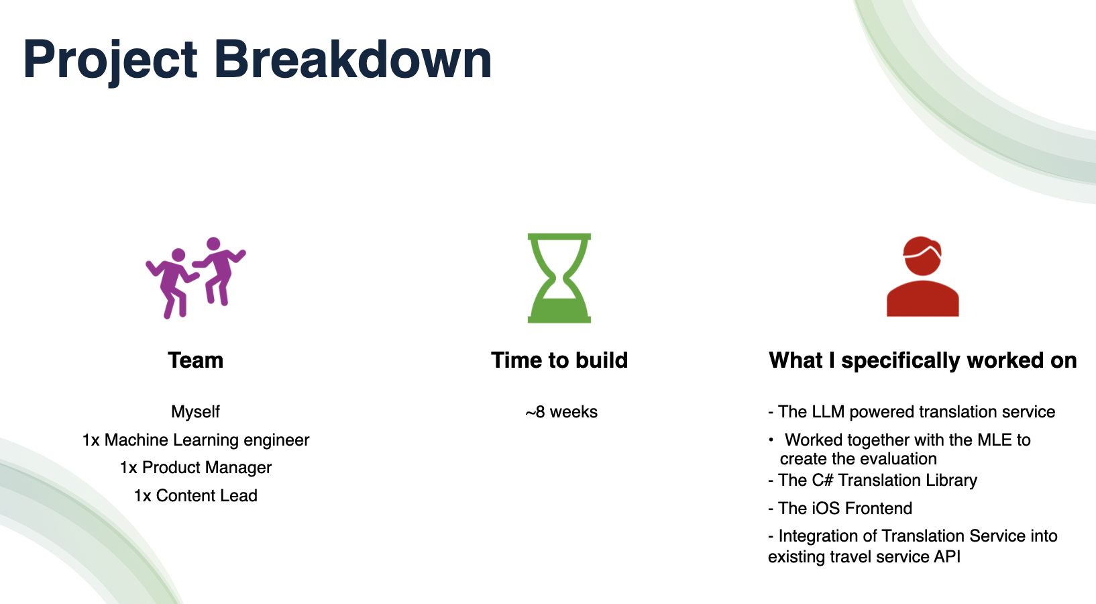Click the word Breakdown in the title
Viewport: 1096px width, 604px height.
[353, 59]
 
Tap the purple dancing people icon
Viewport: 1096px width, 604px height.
[196, 278]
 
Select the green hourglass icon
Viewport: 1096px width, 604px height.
[559, 278]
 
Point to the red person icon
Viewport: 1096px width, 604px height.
[923, 276]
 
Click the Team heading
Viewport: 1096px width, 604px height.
[196, 360]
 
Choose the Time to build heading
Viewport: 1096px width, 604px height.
[559, 360]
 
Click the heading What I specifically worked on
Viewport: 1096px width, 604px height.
[923, 361]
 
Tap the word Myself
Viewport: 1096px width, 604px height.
[195, 412]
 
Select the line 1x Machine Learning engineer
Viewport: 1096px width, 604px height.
[196, 440]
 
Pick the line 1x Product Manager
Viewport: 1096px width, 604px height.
[196, 468]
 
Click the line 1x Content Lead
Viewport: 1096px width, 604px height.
[196, 495]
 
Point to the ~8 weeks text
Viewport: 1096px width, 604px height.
[561, 412]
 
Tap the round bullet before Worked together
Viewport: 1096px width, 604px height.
[771, 440]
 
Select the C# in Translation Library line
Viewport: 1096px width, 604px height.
[822, 480]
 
